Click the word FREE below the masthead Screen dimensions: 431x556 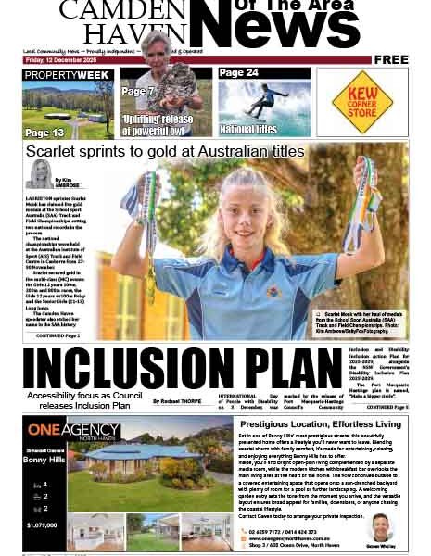(391, 59)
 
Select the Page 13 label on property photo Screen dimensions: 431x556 (44, 132)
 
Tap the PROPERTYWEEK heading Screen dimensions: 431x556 (67, 74)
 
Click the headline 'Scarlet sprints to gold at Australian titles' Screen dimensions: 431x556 (164, 151)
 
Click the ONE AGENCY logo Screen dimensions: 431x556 (73, 430)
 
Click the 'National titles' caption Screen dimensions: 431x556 (249, 130)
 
